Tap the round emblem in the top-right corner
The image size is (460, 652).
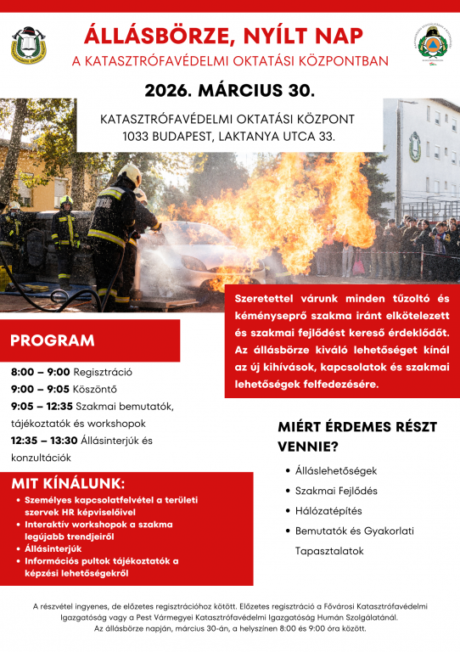[434, 45]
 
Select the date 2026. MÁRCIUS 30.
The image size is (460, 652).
[229, 90]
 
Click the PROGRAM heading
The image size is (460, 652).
[53, 341]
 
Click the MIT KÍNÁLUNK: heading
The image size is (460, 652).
[68, 483]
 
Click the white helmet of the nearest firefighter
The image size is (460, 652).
[130, 175]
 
